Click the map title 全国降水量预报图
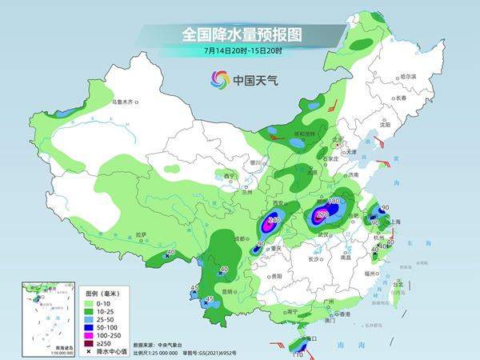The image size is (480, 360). (240, 35)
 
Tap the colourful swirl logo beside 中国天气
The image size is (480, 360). (220, 79)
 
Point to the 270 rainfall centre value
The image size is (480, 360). (322, 214)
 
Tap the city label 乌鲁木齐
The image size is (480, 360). (125, 102)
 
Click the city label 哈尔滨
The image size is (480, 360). (408, 76)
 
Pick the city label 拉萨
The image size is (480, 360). (142, 234)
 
